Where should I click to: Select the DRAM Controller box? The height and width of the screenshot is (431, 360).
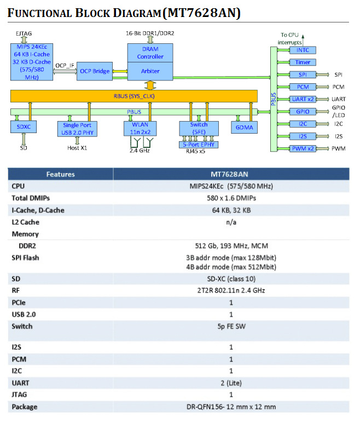[x=150, y=53]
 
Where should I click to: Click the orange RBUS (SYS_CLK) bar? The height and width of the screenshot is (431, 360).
[x=133, y=96]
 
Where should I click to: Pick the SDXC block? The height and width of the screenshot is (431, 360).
[x=24, y=128]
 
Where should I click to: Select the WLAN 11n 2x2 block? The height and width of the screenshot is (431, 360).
[x=140, y=128]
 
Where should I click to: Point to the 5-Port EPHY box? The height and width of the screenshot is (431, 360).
[x=199, y=144]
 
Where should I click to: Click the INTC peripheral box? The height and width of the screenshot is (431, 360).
[x=303, y=50]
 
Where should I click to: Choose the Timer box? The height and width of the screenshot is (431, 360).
[x=303, y=62]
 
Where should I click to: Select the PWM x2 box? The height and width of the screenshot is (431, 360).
[x=303, y=149]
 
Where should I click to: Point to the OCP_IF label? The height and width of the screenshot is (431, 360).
[x=65, y=65]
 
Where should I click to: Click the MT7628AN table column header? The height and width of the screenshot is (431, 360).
[x=230, y=174]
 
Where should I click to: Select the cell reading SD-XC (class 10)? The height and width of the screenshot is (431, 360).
[x=230, y=279]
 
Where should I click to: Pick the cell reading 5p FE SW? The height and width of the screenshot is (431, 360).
[x=230, y=326]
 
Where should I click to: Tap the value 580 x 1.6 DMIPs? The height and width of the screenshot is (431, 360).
[x=230, y=198]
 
